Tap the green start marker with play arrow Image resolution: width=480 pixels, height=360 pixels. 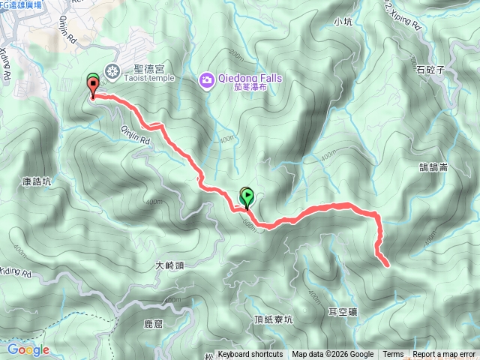(247, 197)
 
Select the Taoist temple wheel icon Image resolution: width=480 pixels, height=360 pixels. (112, 71)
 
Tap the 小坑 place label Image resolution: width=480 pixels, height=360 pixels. (343, 22)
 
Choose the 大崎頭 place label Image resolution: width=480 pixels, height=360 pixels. (169, 265)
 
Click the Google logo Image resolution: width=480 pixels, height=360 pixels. (28, 349)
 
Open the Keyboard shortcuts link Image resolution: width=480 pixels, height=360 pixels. (250, 355)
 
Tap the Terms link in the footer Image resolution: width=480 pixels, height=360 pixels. (393, 355)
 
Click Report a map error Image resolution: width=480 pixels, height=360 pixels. (444, 355)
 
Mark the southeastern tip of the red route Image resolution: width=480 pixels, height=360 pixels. (387, 264)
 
